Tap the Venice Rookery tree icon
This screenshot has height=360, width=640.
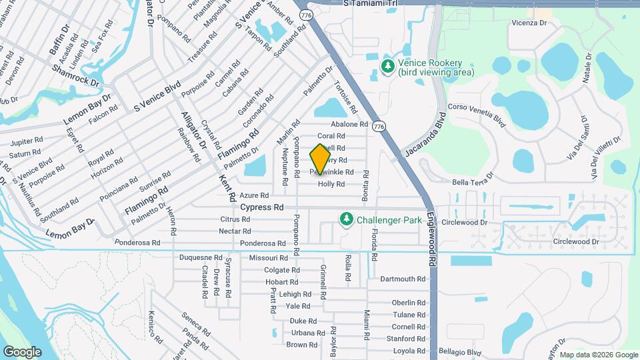click(387, 65)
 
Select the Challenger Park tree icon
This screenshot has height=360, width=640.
click(346, 219)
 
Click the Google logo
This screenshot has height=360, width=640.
click(22, 351)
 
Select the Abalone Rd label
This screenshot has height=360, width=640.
click(349, 124)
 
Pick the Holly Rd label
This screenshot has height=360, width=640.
click(331, 184)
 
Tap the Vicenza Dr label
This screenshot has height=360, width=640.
click(529, 23)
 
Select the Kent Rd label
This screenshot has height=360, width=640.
click(227, 189)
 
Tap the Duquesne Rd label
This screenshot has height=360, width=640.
click(201, 257)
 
